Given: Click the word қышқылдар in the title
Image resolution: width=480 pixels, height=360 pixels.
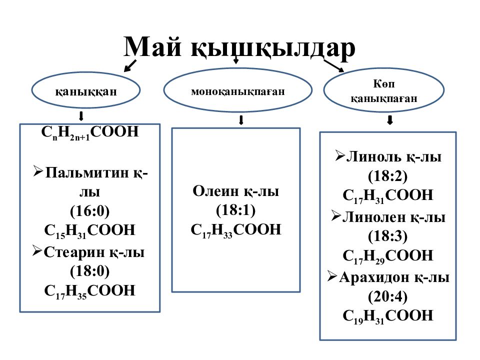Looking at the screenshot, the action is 273,48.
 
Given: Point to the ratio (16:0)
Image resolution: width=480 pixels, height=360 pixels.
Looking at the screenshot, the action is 89,211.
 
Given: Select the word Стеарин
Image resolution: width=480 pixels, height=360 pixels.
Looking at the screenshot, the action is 74,252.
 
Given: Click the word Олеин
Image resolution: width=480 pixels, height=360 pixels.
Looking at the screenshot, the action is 215,191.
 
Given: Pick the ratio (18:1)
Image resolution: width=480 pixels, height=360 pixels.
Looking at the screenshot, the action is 235,210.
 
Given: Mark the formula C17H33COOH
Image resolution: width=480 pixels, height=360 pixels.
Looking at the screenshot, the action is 235,230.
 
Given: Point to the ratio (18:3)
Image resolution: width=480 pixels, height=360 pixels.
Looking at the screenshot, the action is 388,236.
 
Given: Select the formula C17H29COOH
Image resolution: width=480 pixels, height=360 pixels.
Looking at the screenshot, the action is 388,256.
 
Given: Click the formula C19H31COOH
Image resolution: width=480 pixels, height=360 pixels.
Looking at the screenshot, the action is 388,316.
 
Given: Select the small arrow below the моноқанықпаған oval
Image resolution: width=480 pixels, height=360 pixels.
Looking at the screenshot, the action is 241,119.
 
